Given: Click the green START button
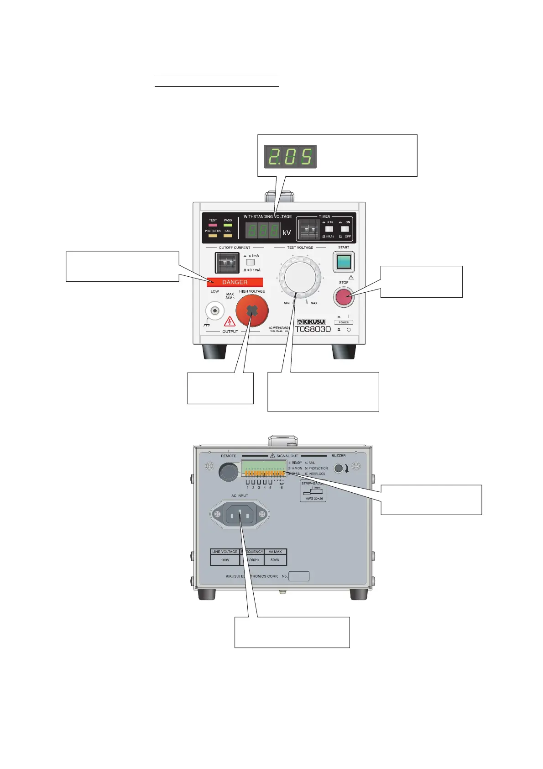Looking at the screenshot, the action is click(x=344, y=262).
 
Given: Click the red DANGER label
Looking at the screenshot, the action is click(x=235, y=282).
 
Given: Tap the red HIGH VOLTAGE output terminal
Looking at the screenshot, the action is click(x=252, y=311).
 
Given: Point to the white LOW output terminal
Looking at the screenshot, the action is click(x=214, y=311).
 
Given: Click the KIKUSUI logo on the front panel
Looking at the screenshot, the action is click(x=312, y=321).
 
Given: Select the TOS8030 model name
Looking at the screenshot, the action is click(x=313, y=329).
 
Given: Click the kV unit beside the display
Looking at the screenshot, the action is click(x=287, y=232).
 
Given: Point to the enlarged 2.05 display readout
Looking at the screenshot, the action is click(x=290, y=157).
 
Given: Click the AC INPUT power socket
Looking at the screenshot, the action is click(x=240, y=514).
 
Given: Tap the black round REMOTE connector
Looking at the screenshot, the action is click(x=228, y=472).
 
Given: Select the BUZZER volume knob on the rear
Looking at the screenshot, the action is click(x=339, y=468).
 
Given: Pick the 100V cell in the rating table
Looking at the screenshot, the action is click(x=225, y=560).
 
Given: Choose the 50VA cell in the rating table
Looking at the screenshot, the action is click(x=275, y=560).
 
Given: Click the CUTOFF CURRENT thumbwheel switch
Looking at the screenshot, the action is click(x=227, y=263).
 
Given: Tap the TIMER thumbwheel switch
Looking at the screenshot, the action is click(x=309, y=229).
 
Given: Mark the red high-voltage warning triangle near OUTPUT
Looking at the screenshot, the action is click(x=230, y=321).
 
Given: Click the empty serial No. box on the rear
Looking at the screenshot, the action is click(x=299, y=576).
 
